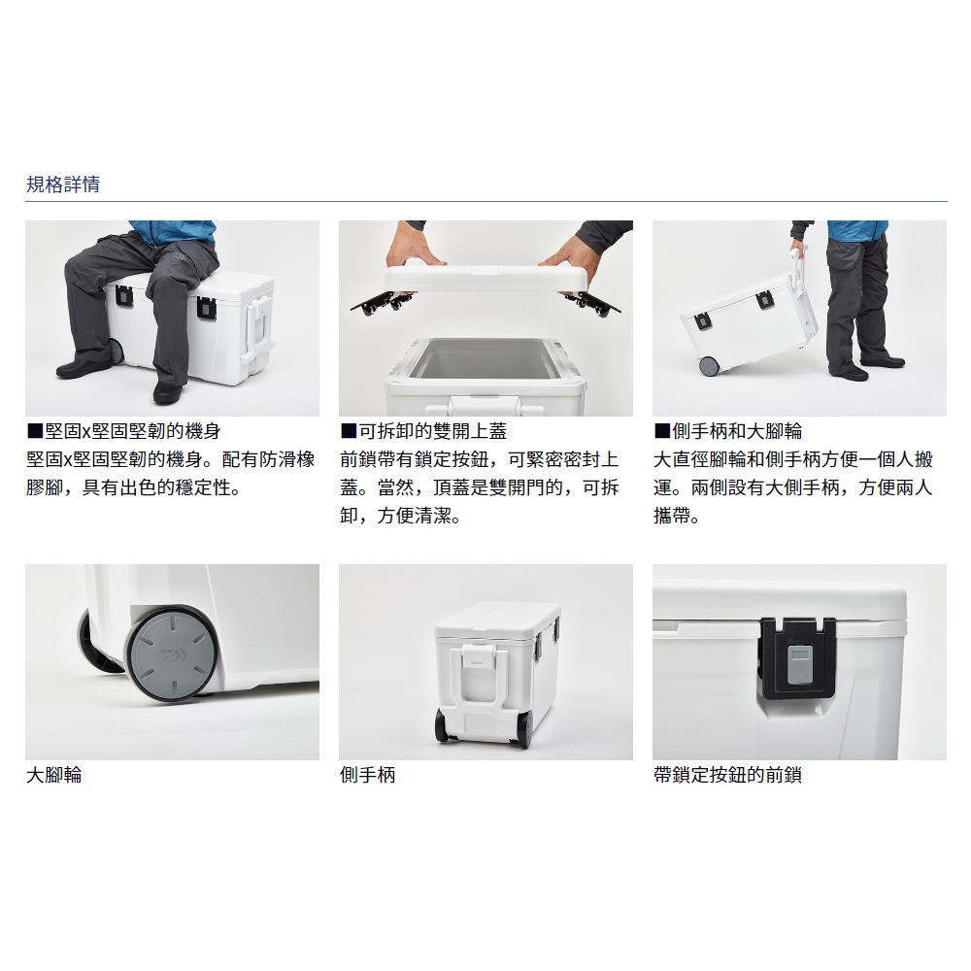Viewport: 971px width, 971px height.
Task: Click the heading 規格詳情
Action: tap(62, 184)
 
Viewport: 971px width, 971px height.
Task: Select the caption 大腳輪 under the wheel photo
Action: tap(53, 776)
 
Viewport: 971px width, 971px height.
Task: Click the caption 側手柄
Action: tap(367, 776)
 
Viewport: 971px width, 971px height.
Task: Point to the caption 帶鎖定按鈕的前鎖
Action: tap(727, 776)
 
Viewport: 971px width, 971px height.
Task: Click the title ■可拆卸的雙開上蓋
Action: tap(423, 432)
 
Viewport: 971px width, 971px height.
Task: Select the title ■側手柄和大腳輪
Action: tap(728, 432)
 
